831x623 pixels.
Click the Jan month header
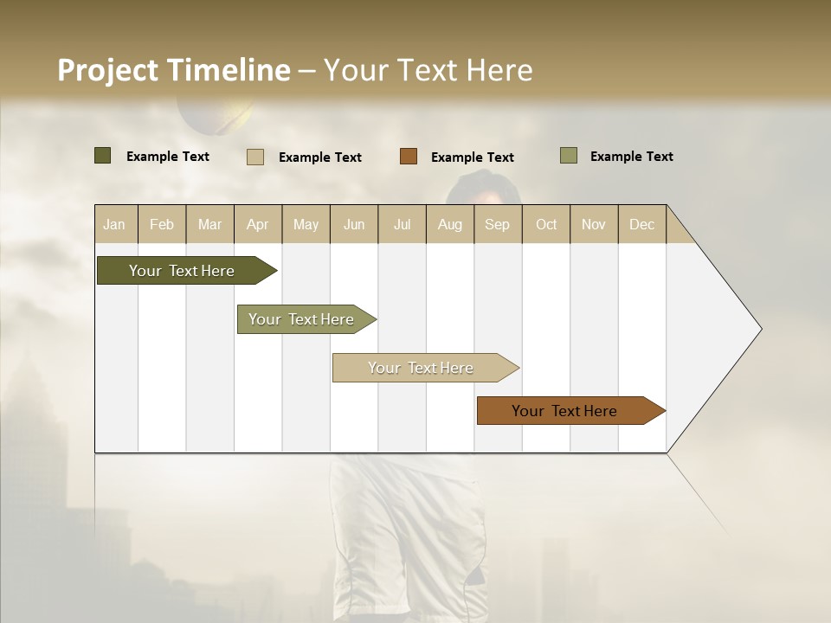click(114, 224)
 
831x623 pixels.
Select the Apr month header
click(258, 224)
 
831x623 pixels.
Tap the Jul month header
click(402, 224)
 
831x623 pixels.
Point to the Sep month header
click(497, 224)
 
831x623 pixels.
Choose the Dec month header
click(641, 224)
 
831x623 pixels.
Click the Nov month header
click(593, 224)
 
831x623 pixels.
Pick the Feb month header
click(162, 224)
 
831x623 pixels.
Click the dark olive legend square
click(103, 156)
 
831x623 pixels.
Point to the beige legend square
click(255, 157)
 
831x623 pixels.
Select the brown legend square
click(409, 157)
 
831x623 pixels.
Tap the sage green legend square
click(569, 156)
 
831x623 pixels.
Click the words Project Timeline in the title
click(173, 70)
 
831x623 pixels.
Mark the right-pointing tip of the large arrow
click(759, 329)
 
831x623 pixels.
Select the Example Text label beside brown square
click(472, 157)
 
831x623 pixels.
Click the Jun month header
click(354, 224)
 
